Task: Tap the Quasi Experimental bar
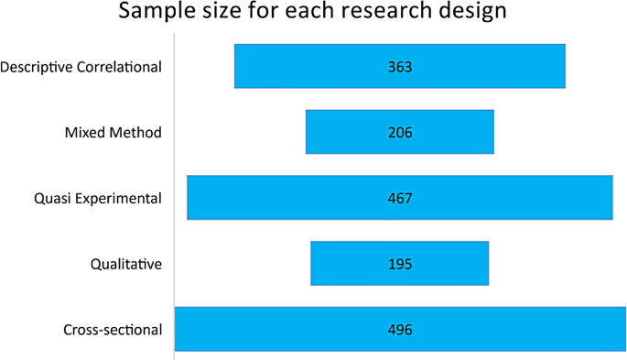click(x=275, y=198)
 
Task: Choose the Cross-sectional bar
click(x=275, y=329)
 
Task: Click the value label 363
click(x=400, y=67)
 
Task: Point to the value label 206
click(x=400, y=133)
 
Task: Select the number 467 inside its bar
click(x=400, y=199)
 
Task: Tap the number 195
click(x=400, y=264)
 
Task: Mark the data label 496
click(x=400, y=330)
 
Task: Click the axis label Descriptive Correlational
click(x=81, y=67)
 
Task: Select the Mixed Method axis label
click(x=113, y=133)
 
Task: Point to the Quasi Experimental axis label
click(x=96, y=199)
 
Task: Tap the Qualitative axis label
click(x=126, y=265)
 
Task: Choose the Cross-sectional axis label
click(x=113, y=330)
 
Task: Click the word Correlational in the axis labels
click(x=118, y=67)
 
